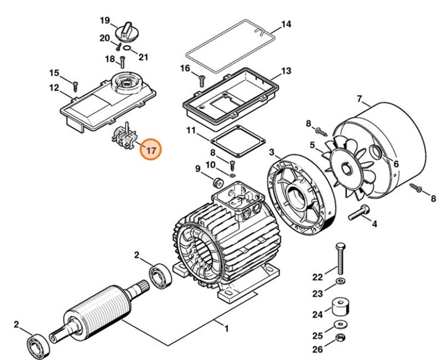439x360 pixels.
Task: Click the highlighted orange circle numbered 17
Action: coord(151,150)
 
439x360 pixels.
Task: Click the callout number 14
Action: coord(286,25)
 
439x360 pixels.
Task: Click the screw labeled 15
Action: coord(75,82)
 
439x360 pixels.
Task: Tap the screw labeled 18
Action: coord(122,60)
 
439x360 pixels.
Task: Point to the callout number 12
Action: coord(54,88)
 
